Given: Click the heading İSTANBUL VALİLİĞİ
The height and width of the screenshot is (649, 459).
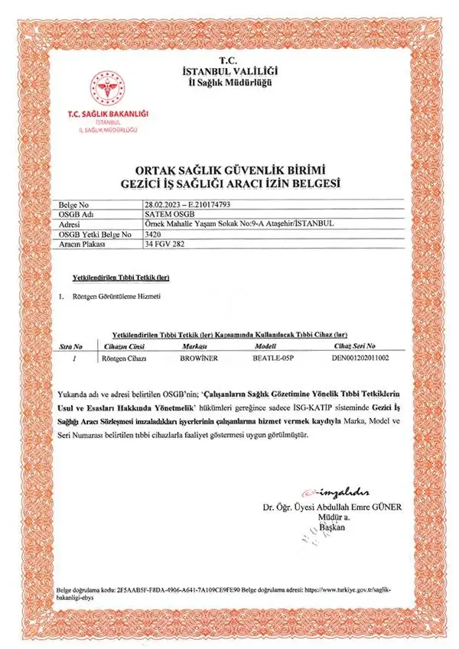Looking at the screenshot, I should (229, 71).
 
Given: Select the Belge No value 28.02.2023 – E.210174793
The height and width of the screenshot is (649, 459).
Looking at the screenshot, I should (187, 205).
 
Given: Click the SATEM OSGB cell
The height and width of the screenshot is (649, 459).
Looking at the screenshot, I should (164, 215).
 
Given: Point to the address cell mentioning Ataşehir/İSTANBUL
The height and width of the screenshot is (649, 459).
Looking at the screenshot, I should (227, 224).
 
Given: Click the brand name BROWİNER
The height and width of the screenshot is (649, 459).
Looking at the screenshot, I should (198, 357).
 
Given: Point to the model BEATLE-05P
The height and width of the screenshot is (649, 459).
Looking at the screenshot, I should (273, 357).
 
